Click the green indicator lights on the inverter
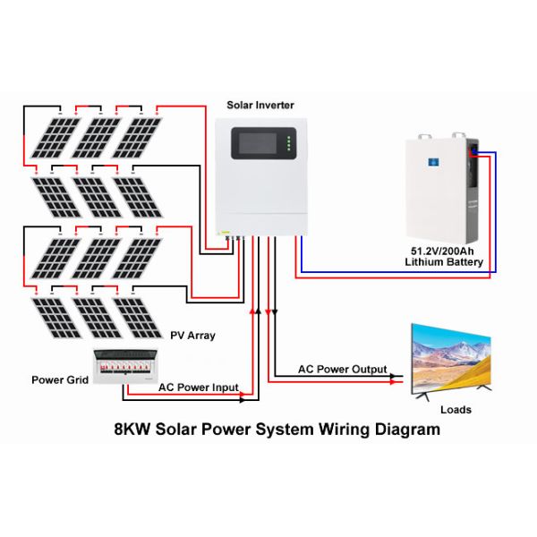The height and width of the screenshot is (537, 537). [288, 144]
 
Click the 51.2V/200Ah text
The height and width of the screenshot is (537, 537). [444, 251]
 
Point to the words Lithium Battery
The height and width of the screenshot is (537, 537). [444, 262]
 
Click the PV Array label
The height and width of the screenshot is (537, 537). [192, 336]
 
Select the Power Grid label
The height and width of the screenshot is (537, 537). [60, 379]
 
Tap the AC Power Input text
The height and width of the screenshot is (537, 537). [199, 388]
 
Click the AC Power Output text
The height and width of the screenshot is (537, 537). [343, 369]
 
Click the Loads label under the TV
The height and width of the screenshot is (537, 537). [456, 410]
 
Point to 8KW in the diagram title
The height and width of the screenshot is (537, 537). [132, 430]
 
